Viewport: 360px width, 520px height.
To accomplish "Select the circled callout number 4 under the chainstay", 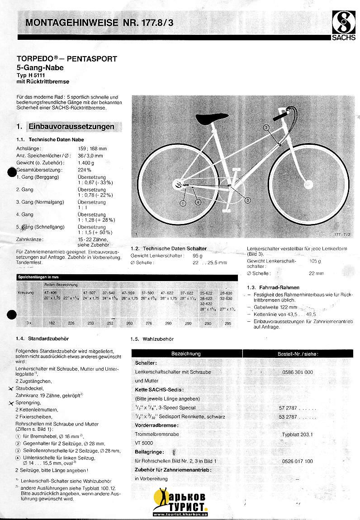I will [x=198, y=203].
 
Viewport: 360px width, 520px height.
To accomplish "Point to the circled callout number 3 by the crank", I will [x=248, y=200].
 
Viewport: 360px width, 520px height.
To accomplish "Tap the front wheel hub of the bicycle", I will [x=308, y=184].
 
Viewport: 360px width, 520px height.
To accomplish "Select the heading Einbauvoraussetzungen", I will [x=71, y=126].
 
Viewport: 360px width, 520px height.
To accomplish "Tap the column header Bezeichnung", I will [x=186, y=353].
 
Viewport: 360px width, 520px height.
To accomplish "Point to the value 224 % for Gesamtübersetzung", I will [x=85, y=170].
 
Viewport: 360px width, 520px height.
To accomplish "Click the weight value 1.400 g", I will [x=86, y=162].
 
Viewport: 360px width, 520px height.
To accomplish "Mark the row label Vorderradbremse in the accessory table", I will [x=157, y=425].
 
